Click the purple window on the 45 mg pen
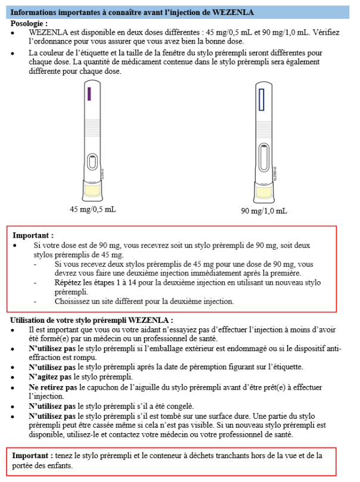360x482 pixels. (x=88, y=94)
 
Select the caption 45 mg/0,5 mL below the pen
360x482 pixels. (x=92, y=210)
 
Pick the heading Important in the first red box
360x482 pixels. (x=33, y=235)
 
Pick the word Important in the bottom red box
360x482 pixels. (x=33, y=456)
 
